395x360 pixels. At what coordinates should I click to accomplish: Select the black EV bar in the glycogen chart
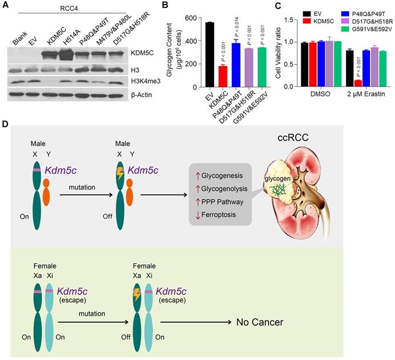coord(194,54)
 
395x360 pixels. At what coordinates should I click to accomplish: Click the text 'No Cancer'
coord(260,322)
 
